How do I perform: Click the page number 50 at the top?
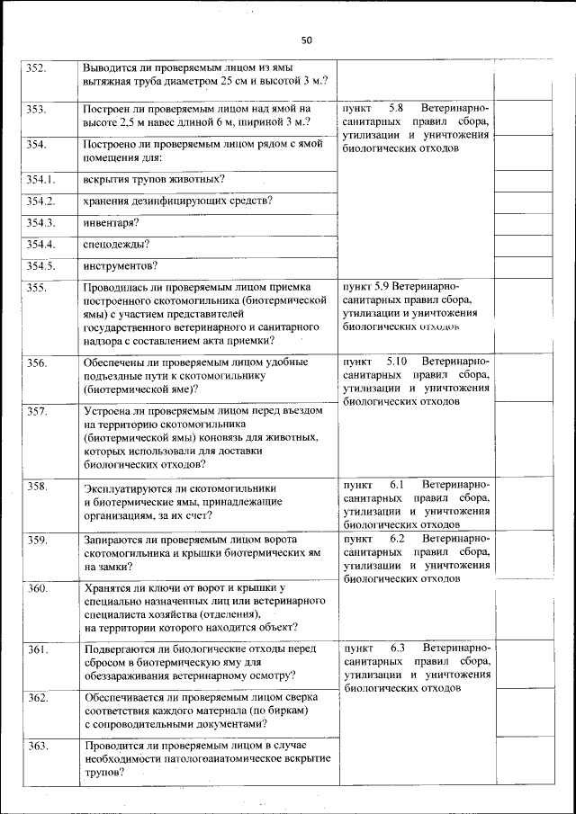pos(306,40)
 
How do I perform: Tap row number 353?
pos(36,109)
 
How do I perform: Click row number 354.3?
pos(40,222)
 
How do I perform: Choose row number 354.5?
pos(40,265)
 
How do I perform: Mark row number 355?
pos(36,288)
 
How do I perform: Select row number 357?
pos(36,411)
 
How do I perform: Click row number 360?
pos(36,588)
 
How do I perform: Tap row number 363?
pos(36,746)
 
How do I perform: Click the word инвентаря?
pos(109,222)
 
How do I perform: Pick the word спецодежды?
pos(116,244)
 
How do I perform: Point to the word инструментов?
pos(121,265)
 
